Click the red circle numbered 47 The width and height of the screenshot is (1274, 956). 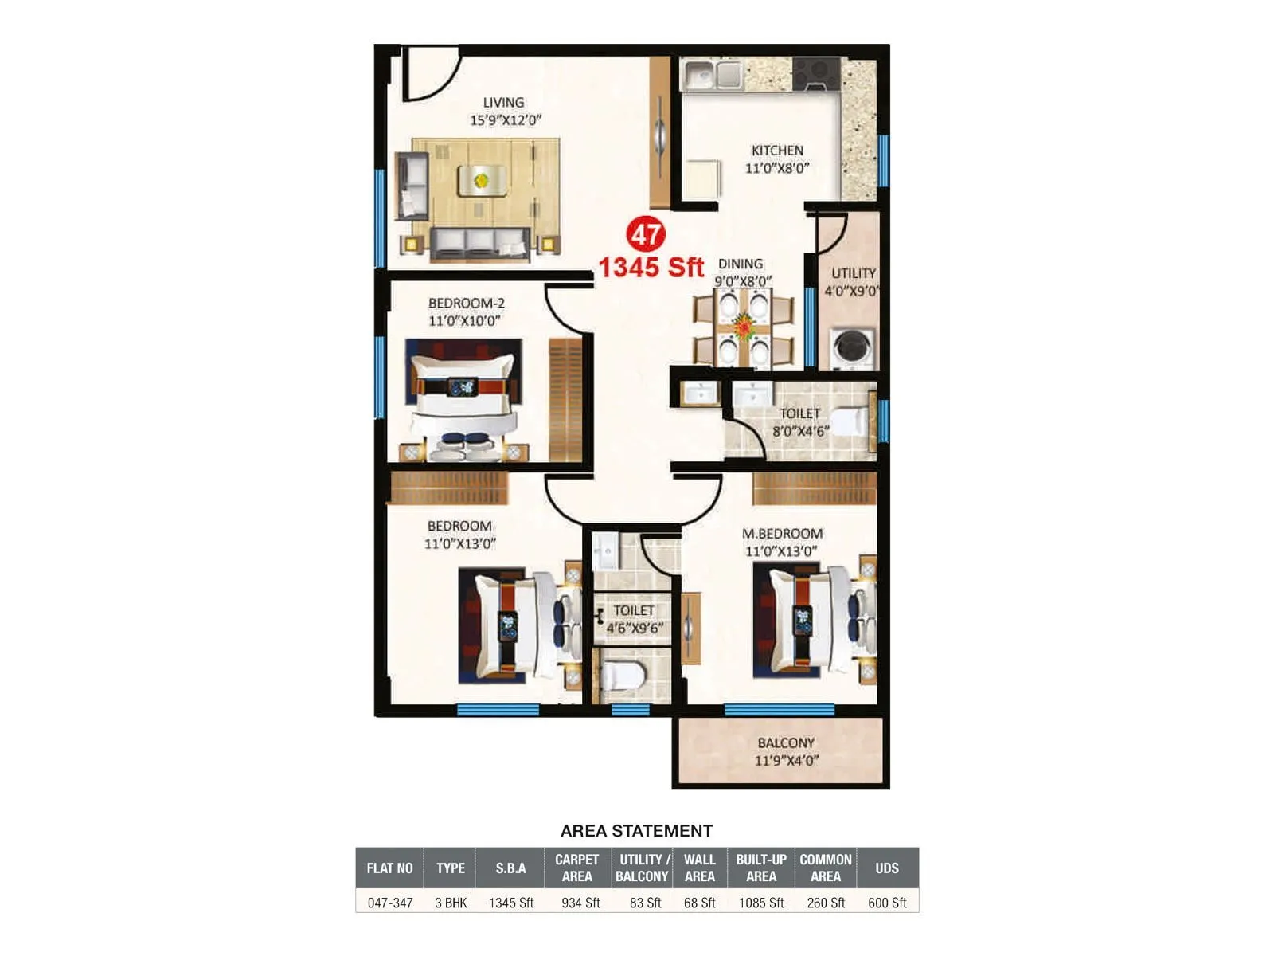[646, 234]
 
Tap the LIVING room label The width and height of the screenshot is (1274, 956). [503, 103]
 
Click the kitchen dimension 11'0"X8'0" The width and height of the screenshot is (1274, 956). [777, 168]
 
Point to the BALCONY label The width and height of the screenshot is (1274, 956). [786, 742]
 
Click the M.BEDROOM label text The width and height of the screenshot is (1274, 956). [782, 534]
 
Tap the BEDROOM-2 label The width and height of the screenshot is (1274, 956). [466, 304]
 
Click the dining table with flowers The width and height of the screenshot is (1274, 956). [744, 327]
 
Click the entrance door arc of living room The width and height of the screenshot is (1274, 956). [431, 76]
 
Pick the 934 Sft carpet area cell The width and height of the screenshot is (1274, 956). [580, 903]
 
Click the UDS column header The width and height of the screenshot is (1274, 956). [887, 868]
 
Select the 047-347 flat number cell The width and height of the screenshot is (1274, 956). [390, 903]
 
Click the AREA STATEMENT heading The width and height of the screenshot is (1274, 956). [636, 831]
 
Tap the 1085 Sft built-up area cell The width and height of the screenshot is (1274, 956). [761, 903]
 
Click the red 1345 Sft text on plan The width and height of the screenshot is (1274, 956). [651, 268]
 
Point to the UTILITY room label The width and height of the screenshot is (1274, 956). [854, 273]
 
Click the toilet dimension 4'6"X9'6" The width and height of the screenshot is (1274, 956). [635, 628]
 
